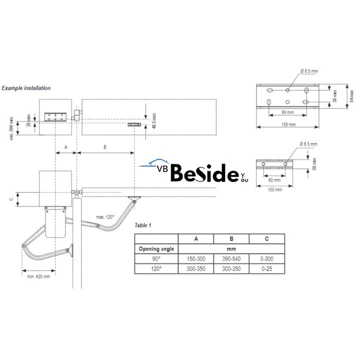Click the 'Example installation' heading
pos(26,88)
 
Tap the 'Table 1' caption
pos(143,225)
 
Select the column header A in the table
pos(196,239)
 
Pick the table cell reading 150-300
pos(196,259)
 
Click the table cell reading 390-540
pos(231,259)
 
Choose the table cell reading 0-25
pos(267,268)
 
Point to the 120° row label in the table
pos(156,268)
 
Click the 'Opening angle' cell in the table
pos(156,249)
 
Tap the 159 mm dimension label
pos(288,124)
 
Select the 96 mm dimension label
pos(287,112)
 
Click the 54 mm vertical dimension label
pos(351,96)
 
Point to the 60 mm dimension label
pos(274,180)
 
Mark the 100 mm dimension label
pos(274,189)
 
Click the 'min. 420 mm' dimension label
pos(38,276)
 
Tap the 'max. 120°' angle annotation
pos(105,217)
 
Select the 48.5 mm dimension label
pos(154,121)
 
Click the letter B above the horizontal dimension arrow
pos(105,147)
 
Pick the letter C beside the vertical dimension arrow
pos(11,199)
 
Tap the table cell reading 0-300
pos(267,259)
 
